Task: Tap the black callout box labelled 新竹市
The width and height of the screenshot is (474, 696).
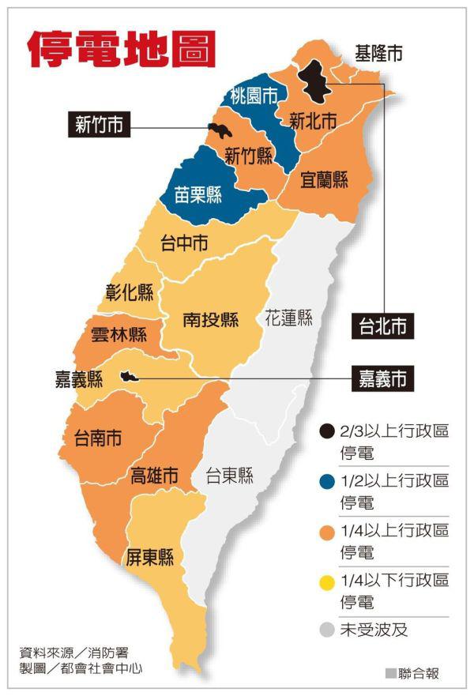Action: click(x=99, y=124)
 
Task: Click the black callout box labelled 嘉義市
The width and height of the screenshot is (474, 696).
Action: click(x=383, y=379)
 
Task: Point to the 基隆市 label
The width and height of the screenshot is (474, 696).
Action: click(x=378, y=54)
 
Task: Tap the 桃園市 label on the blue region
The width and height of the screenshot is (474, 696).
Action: click(x=254, y=96)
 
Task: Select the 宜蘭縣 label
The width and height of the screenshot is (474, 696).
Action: click(x=324, y=180)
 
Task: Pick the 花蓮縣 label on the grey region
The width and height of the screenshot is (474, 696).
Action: click(x=288, y=318)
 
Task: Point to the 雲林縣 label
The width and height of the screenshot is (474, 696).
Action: click(x=118, y=334)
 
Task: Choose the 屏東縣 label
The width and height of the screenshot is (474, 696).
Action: click(x=150, y=557)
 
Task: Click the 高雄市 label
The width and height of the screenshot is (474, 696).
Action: click(x=154, y=476)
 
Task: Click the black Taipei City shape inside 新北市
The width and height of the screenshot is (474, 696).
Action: click(x=319, y=81)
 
